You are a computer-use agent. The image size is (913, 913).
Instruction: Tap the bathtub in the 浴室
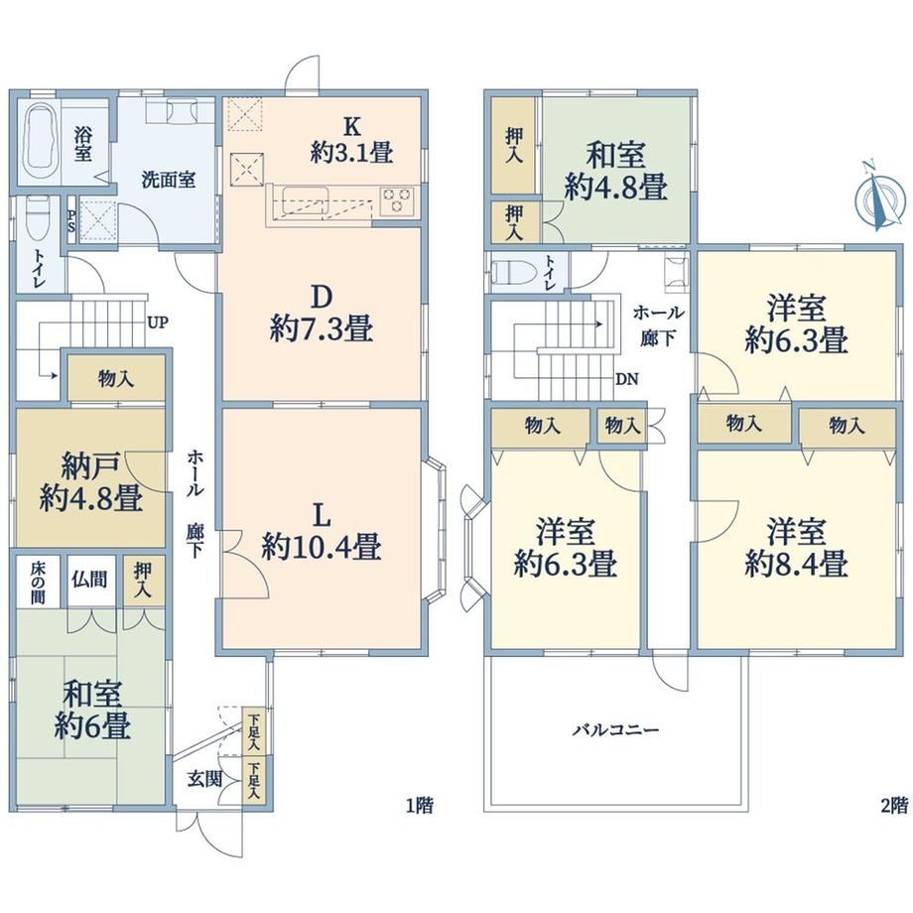point(40,140)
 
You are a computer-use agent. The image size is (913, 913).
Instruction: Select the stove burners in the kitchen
point(398,200)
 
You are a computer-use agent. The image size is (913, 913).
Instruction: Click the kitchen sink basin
point(305,199)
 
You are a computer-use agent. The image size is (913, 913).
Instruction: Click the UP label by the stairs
point(157,322)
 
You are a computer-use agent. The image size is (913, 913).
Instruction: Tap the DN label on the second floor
point(627,380)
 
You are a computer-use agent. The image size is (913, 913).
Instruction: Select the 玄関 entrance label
point(205,779)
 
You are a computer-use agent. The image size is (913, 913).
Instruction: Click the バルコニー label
point(615,729)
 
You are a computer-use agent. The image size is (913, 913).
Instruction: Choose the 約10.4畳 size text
point(322,546)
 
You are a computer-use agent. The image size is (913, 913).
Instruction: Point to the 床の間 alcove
point(38,582)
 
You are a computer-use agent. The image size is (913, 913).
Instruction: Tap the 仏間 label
point(89,579)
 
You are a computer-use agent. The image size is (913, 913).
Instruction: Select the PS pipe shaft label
point(71,220)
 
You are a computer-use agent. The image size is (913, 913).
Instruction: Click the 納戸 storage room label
point(91,466)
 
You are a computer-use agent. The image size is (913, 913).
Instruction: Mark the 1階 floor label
point(419,805)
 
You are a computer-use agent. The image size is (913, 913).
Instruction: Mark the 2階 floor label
point(894,805)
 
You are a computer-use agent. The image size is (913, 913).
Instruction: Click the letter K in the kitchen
point(351,126)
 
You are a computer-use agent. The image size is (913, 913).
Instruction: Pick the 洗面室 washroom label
point(169,180)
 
